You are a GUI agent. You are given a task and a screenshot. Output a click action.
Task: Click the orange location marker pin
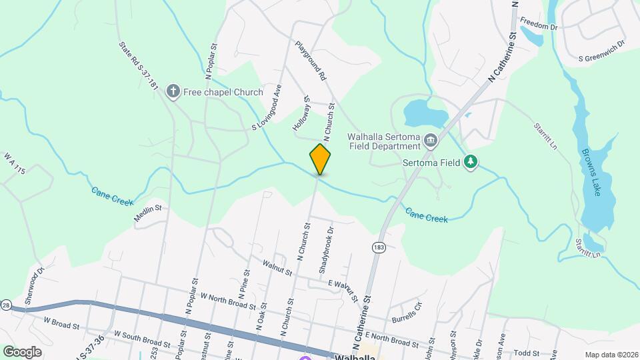[320, 159]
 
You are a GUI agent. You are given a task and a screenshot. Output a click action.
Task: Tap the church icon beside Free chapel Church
[173, 91]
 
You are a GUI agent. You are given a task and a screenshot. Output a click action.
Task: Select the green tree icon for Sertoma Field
[471, 162]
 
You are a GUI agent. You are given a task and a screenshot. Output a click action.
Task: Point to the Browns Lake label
[595, 172]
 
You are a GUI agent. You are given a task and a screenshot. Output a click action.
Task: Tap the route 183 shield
[379, 247]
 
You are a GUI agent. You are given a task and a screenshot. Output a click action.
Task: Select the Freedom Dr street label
[538, 26]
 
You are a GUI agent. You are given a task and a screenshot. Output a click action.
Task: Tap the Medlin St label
[148, 209]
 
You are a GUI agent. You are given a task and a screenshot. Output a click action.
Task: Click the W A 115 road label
[14, 163]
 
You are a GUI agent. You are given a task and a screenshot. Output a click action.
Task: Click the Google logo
[22, 351]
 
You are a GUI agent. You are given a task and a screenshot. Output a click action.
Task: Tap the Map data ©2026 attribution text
[609, 355]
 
